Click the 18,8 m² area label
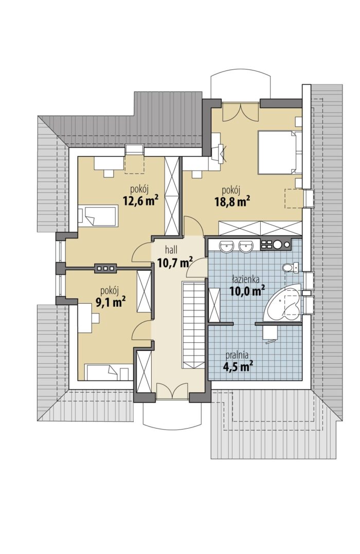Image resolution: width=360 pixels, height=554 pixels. coord(232,201)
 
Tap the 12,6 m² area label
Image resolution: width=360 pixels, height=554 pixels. coord(140,200)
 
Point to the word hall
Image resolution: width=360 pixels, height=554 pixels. coord(171,250)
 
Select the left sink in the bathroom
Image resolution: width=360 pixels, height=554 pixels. coord(225,246)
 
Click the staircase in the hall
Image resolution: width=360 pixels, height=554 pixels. coord(193,325)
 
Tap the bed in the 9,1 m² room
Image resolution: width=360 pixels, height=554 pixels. coord(106,373)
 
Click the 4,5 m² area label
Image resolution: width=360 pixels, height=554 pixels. coord(235,366)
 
